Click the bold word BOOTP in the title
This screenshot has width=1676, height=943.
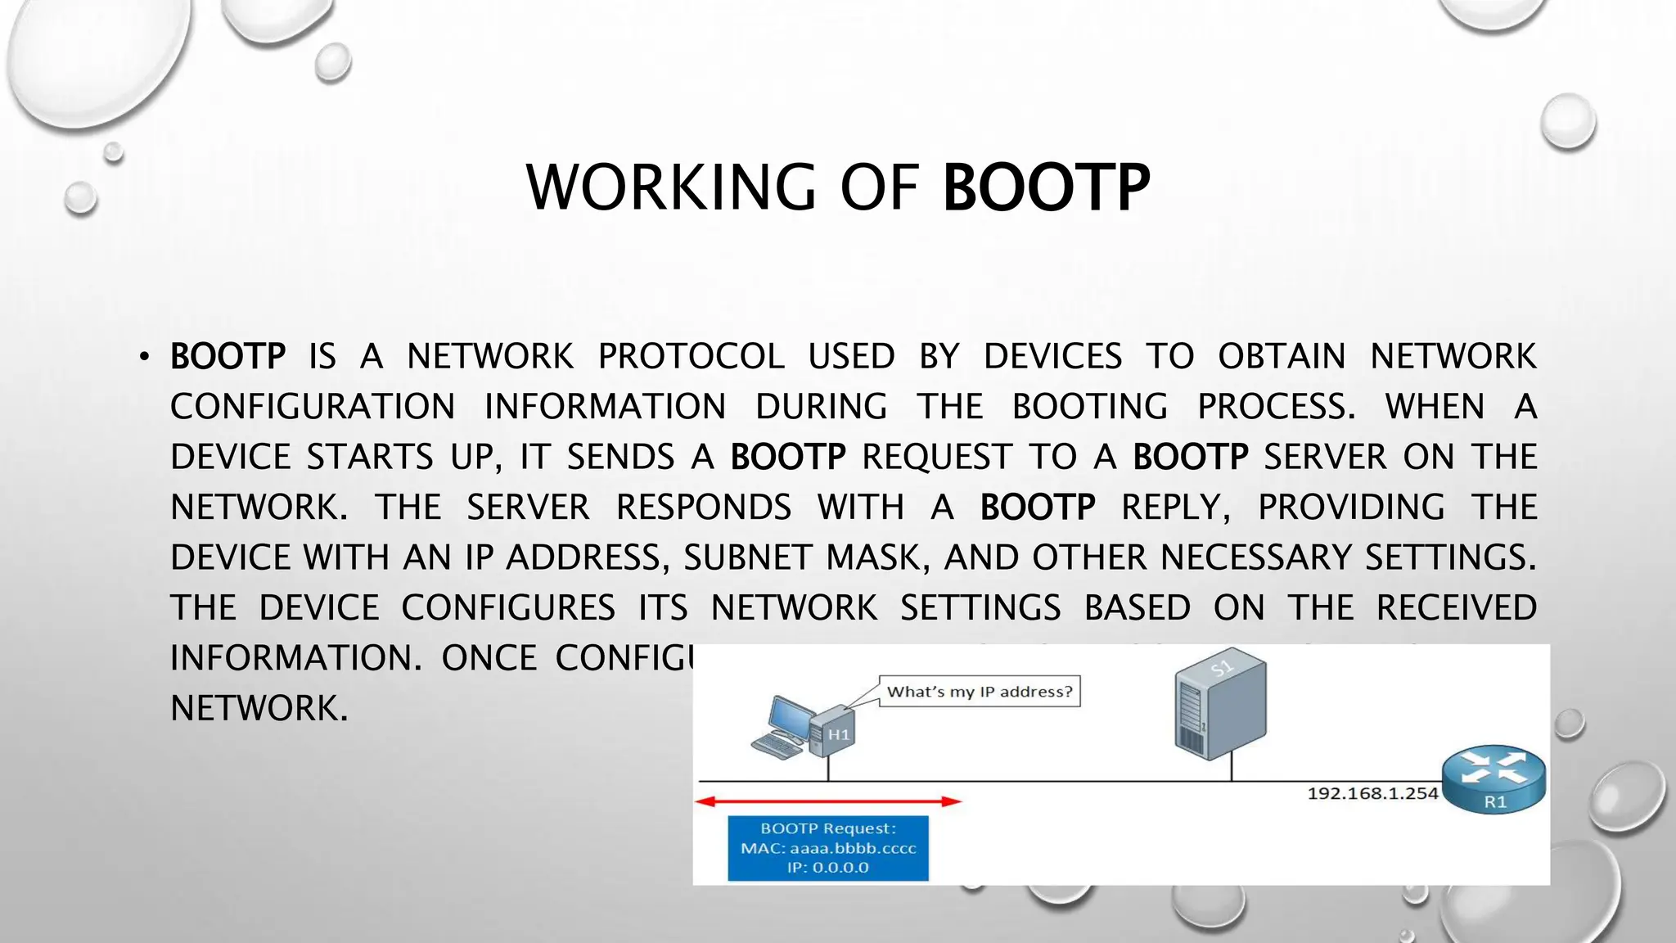[x=1046, y=188]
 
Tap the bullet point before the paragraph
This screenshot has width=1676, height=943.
[x=145, y=357]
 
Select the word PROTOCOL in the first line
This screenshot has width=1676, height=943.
[x=691, y=357]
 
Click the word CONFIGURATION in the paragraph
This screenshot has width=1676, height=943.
[x=313, y=407]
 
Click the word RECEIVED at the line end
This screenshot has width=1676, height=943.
[x=1456, y=608]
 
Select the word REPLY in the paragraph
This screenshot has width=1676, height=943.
[x=1175, y=508]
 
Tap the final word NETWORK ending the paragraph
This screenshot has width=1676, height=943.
[x=259, y=708]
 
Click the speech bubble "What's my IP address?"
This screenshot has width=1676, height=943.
[x=979, y=692]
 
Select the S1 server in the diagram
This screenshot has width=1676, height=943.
[x=1219, y=708]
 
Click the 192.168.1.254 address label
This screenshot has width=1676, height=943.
[x=1372, y=793]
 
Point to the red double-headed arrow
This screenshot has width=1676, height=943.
[x=827, y=801]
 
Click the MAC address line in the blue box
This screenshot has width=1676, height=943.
[x=828, y=848]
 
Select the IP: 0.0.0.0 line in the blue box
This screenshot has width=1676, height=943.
[x=828, y=868]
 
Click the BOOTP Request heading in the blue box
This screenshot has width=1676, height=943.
[x=828, y=828]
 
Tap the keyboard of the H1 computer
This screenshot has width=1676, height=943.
[x=776, y=745]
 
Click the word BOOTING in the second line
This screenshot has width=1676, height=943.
[x=1089, y=407]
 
